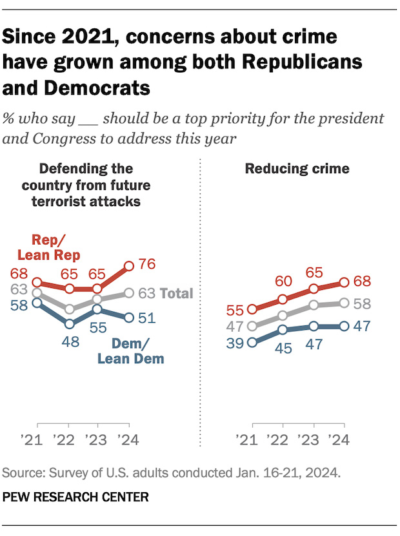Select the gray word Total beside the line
click(176, 294)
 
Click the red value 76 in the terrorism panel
click(148, 265)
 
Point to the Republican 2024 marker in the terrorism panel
click(129, 265)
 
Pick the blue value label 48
click(70, 341)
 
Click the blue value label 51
click(148, 318)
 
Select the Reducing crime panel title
click(297, 169)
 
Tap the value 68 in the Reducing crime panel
click(363, 282)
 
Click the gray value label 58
click(363, 303)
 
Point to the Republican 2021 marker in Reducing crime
click(252, 309)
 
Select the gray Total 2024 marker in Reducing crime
click(344, 303)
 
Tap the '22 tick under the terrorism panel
click(68, 441)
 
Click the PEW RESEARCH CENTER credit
click(76, 497)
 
